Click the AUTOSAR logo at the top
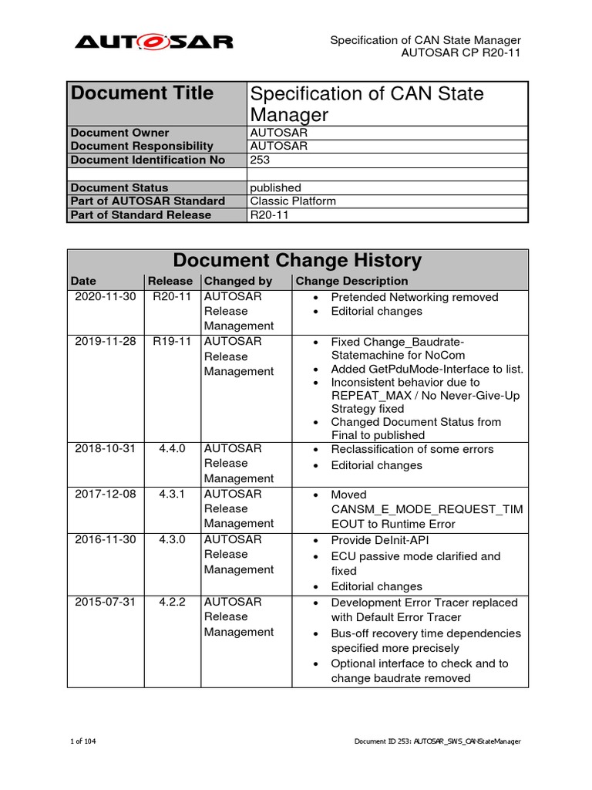(x=153, y=42)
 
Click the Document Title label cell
(x=142, y=93)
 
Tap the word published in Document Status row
(x=275, y=187)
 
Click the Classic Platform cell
(x=293, y=201)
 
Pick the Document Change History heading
(x=297, y=261)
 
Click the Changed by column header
(x=237, y=282)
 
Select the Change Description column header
(x=351, y=282)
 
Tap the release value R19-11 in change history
(x=172, y=342)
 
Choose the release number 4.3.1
(x=172, y=495)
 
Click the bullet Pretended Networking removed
(x=414, y=297)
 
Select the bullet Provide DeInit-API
(x=381, y=540)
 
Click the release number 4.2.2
(x=172, y=602)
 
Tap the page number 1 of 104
(x=83, y=741)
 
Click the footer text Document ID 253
(x=437, y=741)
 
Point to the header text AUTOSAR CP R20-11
(x=461, y=53)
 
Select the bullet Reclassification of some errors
(x=412, y=449)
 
